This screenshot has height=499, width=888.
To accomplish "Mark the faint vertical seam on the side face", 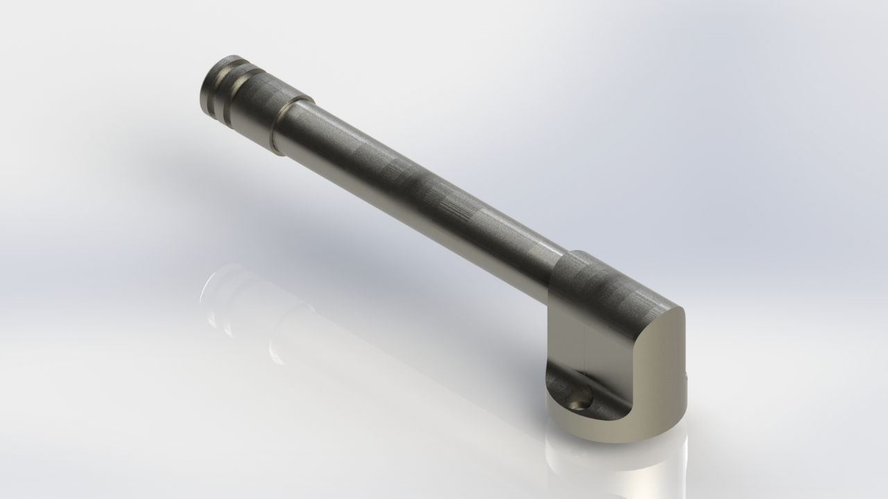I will [585, 347].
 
